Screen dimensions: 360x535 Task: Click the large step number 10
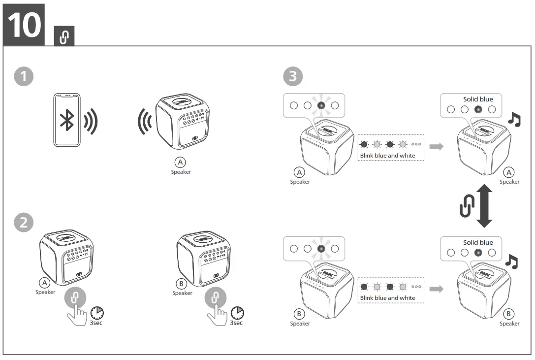click(23, 24)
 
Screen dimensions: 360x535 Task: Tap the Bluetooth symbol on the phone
click(67, 120)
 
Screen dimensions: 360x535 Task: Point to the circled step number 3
click(293, 76)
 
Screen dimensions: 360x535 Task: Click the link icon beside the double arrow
click(466, 206)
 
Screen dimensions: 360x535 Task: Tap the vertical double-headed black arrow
click(484, 206)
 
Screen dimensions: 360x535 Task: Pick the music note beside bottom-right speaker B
click(512, 262)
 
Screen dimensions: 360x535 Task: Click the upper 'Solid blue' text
click(477, 99)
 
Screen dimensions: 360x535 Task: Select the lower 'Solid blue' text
click(477, 242)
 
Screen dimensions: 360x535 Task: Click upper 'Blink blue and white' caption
click(387, 156)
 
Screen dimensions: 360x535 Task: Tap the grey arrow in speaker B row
click(436, 289)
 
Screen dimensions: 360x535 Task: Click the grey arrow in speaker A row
click(436, 146)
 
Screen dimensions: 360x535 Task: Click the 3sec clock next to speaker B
click(237, 312)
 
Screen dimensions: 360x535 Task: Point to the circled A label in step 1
click(181, 162)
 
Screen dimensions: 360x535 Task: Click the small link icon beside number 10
click(63, 37)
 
